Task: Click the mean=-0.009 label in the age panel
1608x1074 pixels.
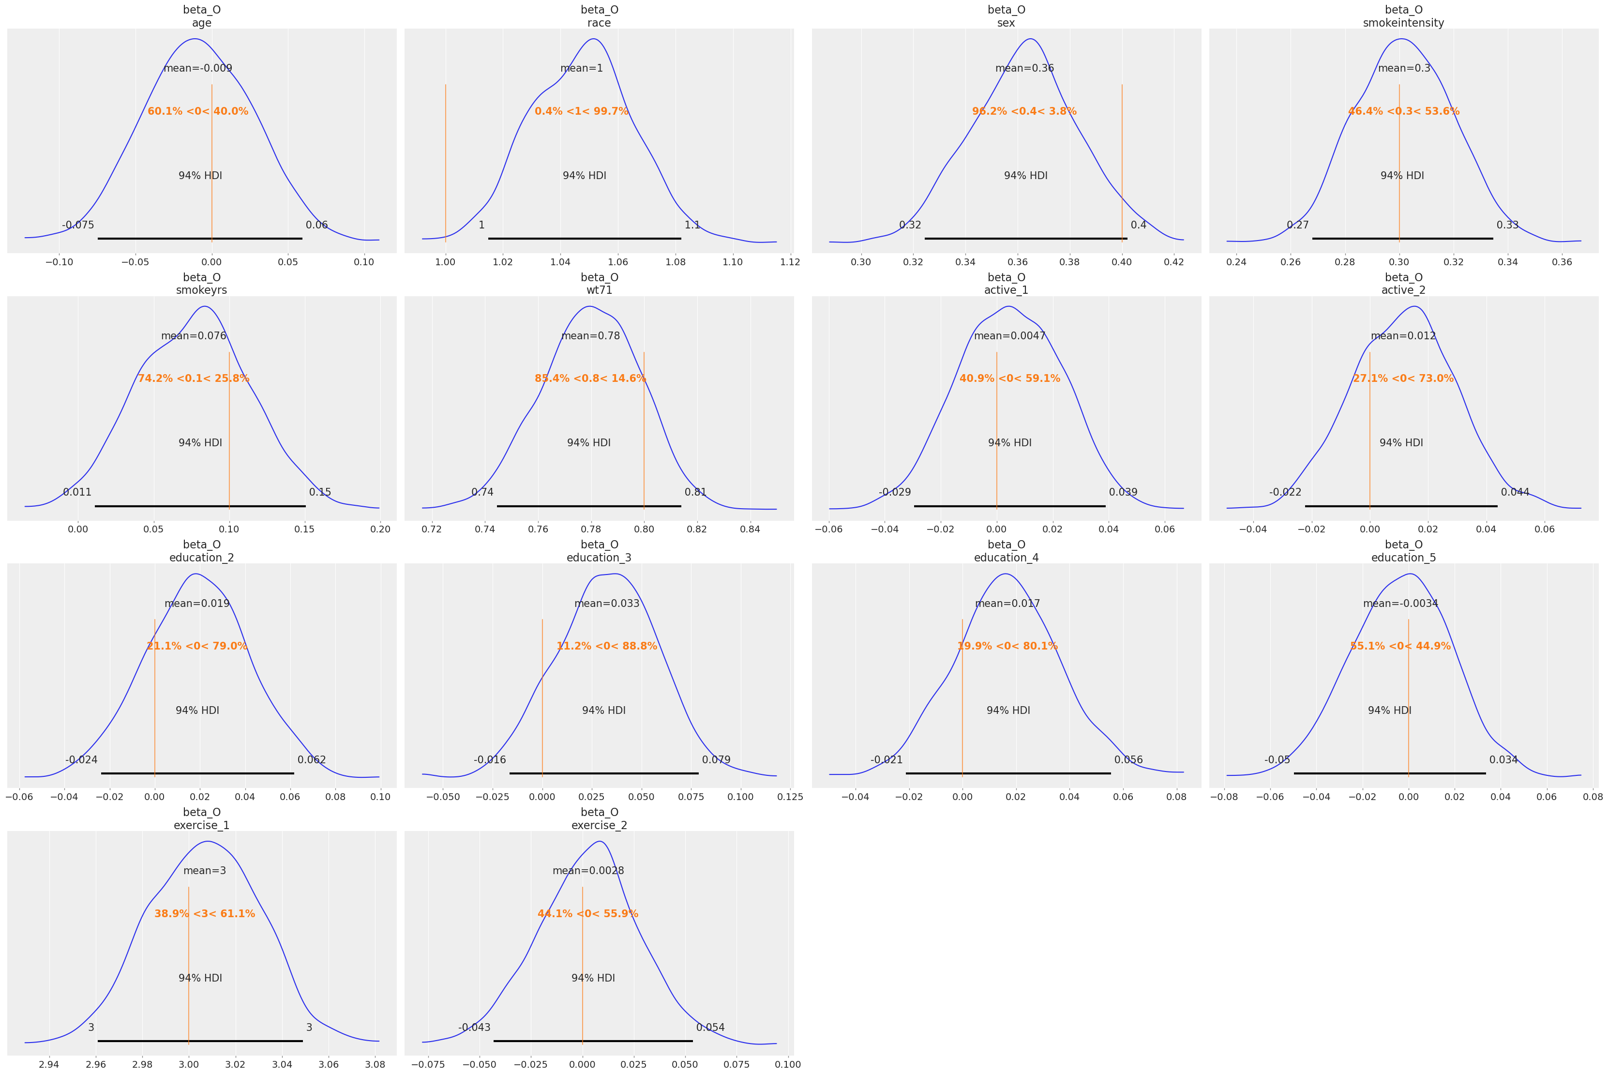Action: tap(198, 69)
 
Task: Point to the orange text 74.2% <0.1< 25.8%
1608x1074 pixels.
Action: tap(194, 379)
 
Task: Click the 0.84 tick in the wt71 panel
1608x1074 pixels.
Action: tap(750, 529)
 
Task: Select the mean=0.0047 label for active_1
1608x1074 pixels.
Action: tap(1009, 336)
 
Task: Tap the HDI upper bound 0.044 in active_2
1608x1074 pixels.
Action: tap(1515, 493)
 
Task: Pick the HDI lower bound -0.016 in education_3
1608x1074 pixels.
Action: tap(490, 759)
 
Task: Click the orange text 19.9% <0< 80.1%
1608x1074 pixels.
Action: tap(1007, 646)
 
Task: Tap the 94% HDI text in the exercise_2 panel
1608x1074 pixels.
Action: tap(593, 978)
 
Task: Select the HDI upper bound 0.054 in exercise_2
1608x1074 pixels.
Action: tap(710, 1028)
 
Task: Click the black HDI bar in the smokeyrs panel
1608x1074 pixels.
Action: tap(200, 506)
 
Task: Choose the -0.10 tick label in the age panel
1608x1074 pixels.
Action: tap(59, 262)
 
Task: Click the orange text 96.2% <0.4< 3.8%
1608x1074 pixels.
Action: tap(1024, 111)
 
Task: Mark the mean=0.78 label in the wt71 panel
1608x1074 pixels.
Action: tap(590, 336)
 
